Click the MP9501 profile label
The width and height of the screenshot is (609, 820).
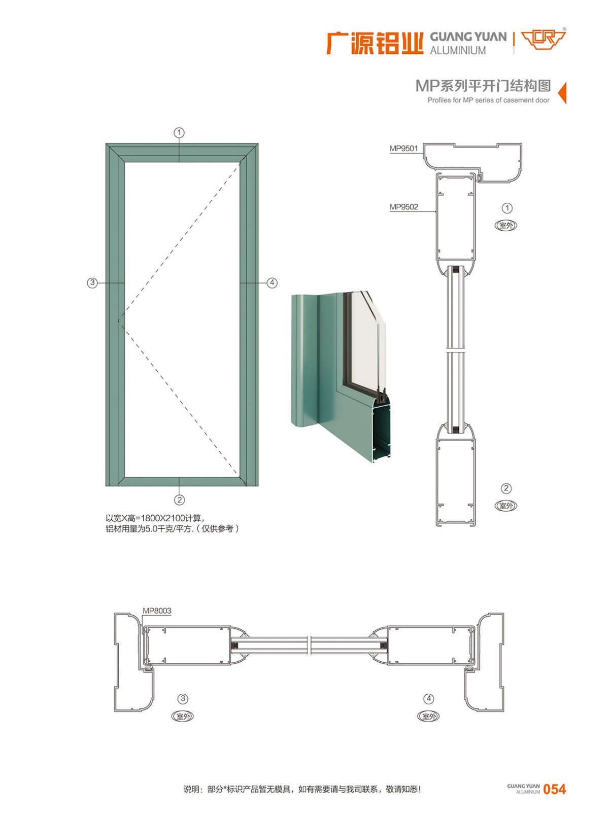403,149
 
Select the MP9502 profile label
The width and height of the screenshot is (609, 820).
403,207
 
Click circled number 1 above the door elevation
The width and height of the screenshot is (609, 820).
180,133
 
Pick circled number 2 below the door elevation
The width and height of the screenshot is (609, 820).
180,500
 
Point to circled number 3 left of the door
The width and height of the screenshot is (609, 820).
92,283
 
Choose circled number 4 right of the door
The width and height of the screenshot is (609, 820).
272,283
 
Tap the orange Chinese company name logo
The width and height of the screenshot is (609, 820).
375,43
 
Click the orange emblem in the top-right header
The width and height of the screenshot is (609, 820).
543,40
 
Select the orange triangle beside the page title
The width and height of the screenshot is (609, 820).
562,92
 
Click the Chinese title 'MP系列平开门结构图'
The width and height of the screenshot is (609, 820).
483,86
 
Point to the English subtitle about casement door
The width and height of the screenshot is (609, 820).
488,100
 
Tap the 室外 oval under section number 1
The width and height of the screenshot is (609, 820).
506,225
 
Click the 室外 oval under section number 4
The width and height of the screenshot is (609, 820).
428,717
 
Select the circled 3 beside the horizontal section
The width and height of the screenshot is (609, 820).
183,699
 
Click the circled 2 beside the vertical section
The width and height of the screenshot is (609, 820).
506,488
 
